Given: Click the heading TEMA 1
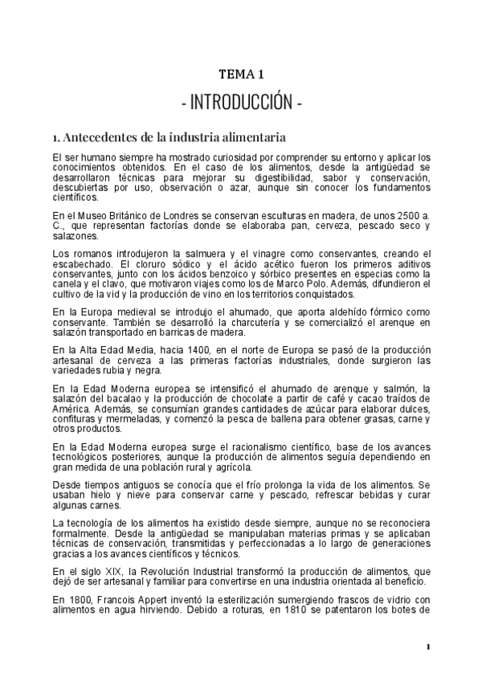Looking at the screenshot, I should (x=241, y=75).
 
